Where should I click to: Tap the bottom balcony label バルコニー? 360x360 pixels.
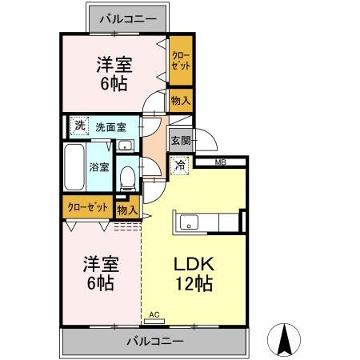coord(155,341)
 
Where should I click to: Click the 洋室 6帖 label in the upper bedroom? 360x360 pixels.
coord(114,74)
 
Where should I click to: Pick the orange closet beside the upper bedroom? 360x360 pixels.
coord(181,61)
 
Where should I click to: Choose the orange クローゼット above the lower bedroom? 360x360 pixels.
coord(88,206)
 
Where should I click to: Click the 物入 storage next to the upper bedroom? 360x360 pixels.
coord(181,100)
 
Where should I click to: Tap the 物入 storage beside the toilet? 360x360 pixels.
coord(126,210)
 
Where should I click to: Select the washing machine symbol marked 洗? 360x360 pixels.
coord(78,125)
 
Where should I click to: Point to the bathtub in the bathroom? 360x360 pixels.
coord(75,168)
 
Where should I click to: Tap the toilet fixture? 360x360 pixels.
coord(126,174)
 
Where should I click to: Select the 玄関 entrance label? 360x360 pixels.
coord(180,139)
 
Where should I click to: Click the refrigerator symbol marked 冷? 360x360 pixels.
coord(181,166)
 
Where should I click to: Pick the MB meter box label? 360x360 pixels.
coord(219,163)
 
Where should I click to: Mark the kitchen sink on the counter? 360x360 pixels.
coord(190,222)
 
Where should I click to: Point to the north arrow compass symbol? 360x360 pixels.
coord(283,339)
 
